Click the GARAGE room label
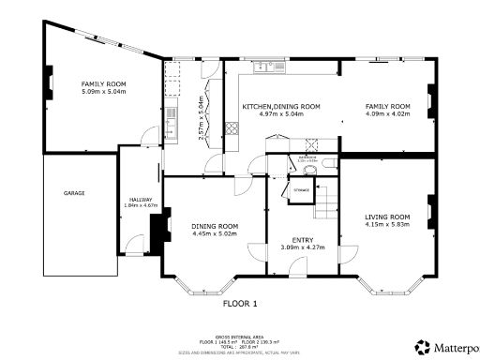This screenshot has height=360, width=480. click(x=74, y=193)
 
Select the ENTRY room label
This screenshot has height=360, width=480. click(x=302, y=240)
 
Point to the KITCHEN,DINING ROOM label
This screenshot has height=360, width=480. click(x=281, y=107)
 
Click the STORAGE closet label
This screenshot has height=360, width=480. click(x=301, y=190)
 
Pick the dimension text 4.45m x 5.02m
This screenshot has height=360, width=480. click(x=215, y=233)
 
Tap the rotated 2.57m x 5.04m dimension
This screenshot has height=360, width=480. click(x=201, y=117)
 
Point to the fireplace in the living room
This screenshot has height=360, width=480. click(x=429, y=210)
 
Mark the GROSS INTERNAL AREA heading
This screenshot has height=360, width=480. click(x=240, y=334)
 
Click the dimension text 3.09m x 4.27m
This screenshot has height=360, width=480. click(x=302, y=247)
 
